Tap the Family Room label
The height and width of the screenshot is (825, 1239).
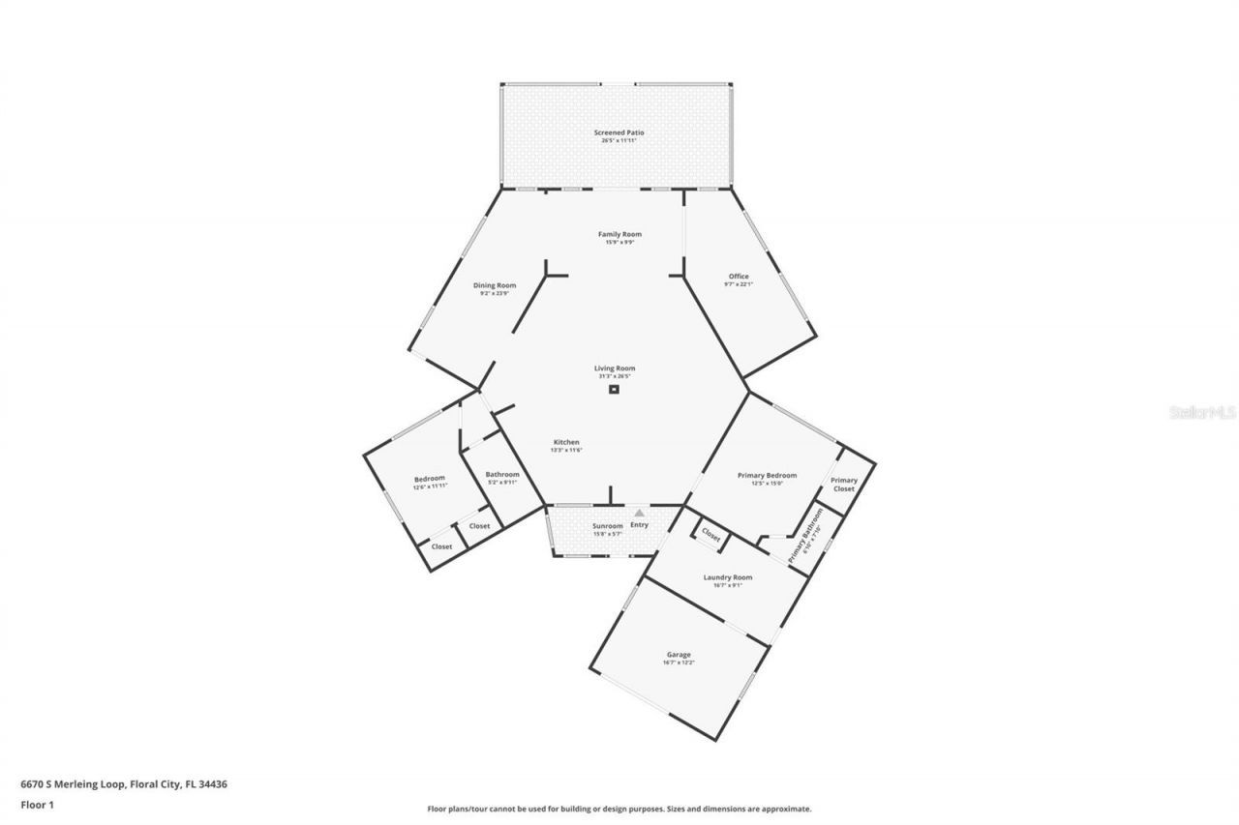pos(619,234)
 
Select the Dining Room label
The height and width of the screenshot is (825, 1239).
pos(495,285)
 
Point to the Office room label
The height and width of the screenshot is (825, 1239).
pos(738,277)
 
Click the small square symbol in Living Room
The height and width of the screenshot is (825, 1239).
pos(614,390)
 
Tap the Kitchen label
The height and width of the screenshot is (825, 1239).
pos(566,443)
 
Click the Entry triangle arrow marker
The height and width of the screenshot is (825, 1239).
pos(639,514)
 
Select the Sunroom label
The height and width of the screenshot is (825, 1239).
pos(608,526)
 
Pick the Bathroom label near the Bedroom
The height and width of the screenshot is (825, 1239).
pos(502,475)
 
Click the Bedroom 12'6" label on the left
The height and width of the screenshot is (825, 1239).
pos(430,480)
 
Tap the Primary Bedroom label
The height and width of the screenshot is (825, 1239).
pos(767,476)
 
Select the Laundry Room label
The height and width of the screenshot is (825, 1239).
pos(727,577)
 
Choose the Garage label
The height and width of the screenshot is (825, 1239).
pos(679,655)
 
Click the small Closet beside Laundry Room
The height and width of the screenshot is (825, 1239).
pos(710,535)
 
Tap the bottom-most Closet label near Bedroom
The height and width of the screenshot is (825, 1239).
pos(441,546)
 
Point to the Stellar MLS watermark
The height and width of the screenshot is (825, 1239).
pos(1202,412)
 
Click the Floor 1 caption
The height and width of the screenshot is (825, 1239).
pos(38,804)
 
